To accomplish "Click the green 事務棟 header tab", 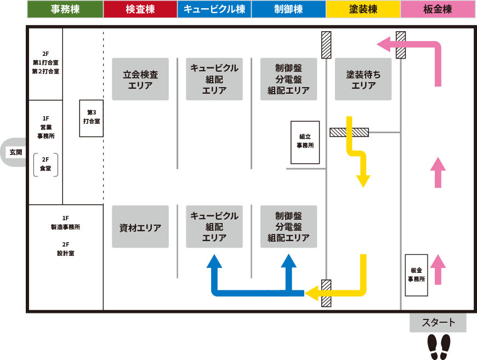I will click(x=65, y=9).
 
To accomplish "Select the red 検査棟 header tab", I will click(x=140, y=9).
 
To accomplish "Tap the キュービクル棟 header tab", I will click(x=214, y=9).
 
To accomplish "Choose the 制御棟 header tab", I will click(x=288, y=9).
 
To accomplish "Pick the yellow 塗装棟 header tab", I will click(x=363, y=9).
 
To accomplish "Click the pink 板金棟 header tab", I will click(x=438, y=9).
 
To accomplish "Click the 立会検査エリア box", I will click(x=140, y=79).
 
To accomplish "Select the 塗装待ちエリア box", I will click(x=363, y=79).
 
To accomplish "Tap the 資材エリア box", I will click(x=140, y=227).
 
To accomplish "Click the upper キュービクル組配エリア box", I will click(x=214, y=79).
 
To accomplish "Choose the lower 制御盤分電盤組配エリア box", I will click(x=288, y=227).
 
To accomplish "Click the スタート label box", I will click(x=438, y=323).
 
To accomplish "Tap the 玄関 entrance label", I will click(x=15, y=152).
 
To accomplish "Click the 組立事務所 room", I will click(x=305, y=142).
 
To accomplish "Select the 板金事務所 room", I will click(x=416, y=275).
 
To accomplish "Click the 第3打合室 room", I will click(x=91, y=117).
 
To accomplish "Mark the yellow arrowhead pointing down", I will click(x=363, y=181).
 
